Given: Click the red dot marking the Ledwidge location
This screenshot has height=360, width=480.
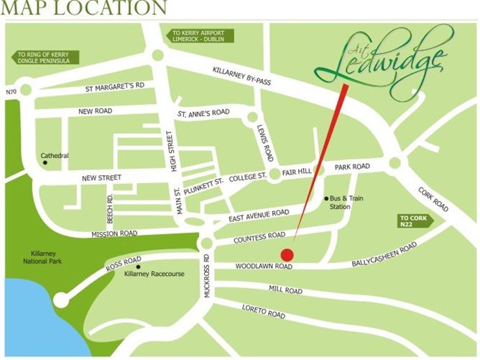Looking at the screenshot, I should pos(287,254).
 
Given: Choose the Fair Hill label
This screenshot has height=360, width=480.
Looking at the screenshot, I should pos(295,172).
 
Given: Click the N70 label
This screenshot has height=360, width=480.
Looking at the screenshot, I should pos(9,91).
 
